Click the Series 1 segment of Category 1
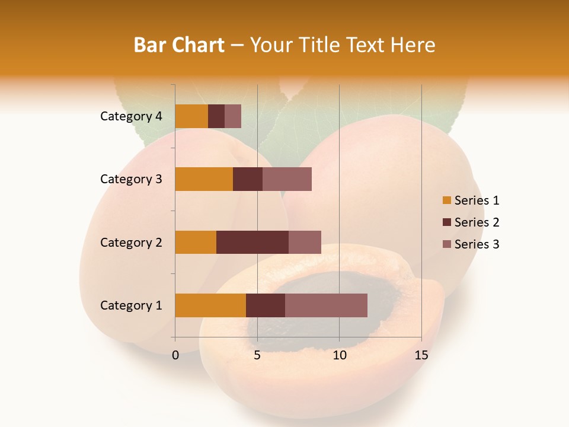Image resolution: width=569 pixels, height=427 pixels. click(210, 305)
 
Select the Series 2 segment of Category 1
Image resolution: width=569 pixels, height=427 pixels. click(266, 305)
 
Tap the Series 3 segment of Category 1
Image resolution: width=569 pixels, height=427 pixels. click(326, 305)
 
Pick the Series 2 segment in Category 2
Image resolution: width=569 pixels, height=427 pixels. click(252, 242)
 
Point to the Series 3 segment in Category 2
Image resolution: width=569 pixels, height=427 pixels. click(305, 242)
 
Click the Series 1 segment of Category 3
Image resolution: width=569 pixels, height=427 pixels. click(204, 179)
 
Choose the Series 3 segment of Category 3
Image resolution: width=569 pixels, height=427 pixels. click(287, 179)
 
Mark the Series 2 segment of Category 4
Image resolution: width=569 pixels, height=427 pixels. click(216, 116)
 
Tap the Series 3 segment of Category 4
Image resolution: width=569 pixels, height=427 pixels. click(233, 116)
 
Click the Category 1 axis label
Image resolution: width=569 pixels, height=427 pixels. click(131, 305)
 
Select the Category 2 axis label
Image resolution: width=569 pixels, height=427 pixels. click(131, 242)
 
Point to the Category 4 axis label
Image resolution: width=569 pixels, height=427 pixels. click(131, 116)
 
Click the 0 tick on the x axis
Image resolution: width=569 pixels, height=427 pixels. click(175, 355)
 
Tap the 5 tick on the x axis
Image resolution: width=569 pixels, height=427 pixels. click(257, 355)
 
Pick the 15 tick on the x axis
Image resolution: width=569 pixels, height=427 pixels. click(421, 355)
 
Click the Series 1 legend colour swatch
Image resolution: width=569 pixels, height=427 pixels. click(446, 200)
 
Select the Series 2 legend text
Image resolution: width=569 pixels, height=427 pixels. click(477, 222)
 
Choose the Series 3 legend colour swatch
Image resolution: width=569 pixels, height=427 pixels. click(446, 244)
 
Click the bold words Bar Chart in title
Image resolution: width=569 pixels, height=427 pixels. click(179, 45)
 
